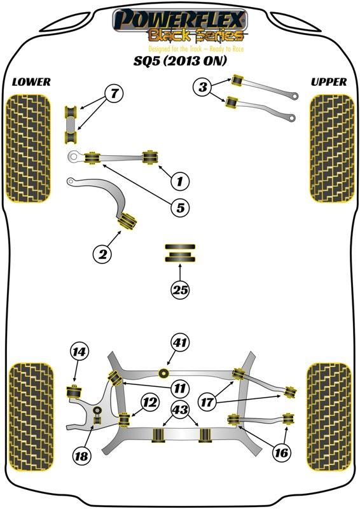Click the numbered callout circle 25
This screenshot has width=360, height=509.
click(181, 289)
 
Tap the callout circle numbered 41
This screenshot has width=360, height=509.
click(181, 343)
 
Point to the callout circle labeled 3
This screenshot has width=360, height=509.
click(203, 87)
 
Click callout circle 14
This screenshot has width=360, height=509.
click(80, 352)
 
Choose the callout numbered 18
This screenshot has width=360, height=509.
click(82, 456)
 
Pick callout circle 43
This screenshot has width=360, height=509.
click(181, 410)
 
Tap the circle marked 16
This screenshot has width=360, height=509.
click(281, 452)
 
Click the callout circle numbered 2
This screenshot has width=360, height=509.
click(102, 254)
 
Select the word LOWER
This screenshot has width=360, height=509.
click(31, 82)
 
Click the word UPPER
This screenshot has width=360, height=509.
click(328, 82)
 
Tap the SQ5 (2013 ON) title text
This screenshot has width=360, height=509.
click(180, 60)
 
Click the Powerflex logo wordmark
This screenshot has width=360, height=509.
click(180, 20)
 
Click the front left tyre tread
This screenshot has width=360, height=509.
click(28, 149)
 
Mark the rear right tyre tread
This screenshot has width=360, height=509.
click(329, 417)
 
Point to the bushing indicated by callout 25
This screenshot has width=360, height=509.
click(181, 253)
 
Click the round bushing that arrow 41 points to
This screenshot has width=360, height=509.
click(164, 373)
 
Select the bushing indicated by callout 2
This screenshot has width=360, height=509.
click(127, 221)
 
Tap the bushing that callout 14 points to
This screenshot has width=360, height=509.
click(74, 391)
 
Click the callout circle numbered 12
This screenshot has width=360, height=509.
click(150, 403)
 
